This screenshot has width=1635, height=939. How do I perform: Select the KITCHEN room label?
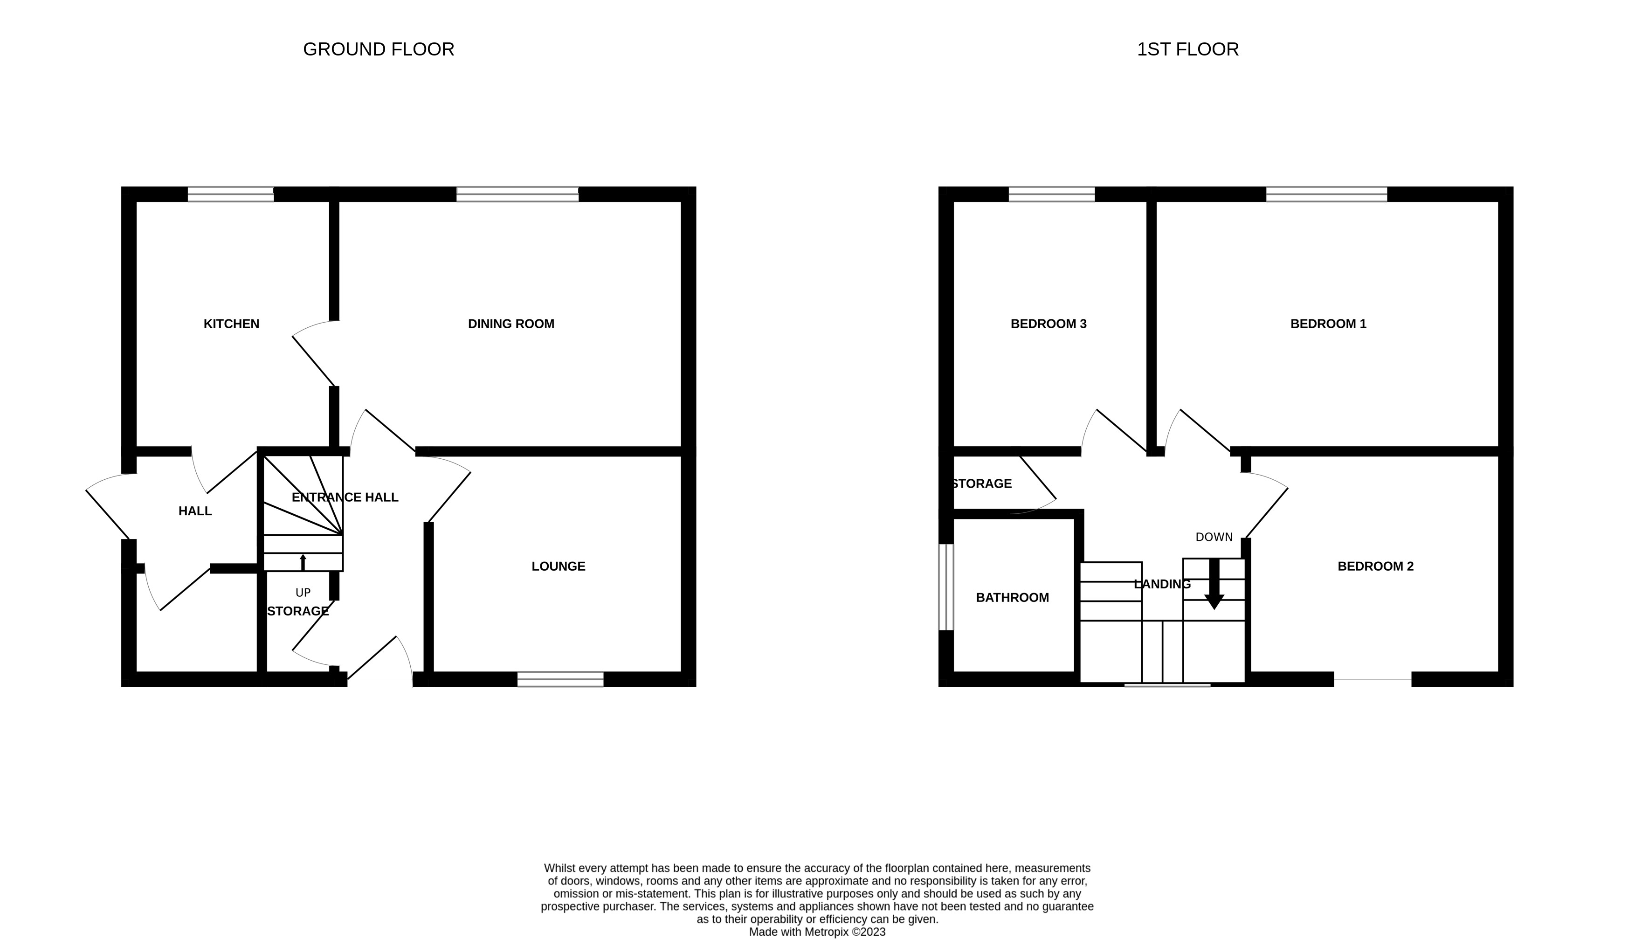click(x=231, y=324)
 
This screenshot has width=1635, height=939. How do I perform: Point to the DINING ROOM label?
click(x=511, y=324)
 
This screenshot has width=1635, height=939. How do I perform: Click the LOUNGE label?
click(x=559, y=566)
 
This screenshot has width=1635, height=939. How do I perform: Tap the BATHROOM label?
click(x=1012, y=598)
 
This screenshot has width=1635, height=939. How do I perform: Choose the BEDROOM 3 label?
click(x=1049, y=324)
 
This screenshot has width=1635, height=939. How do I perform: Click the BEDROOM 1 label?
click(x=1328, y=324)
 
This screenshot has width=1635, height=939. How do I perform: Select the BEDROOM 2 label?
click(x=1375, y=566)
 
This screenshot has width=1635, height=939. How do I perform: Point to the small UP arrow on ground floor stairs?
click(x=303, y=562)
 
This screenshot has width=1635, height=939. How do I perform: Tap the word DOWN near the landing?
click(x=1214, y=537)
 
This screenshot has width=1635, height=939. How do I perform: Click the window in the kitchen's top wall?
click(x=231, y=193)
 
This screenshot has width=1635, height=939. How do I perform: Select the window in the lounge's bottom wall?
click(x=560, y=679)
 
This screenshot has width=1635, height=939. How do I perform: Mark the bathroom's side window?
click(x=946, y=587)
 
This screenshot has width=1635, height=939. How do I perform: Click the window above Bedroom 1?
click(x=1326, y=193)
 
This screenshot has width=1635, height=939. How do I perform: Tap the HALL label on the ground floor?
click(x=195, y=511)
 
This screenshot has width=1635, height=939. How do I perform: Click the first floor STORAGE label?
click(x=981, y=483)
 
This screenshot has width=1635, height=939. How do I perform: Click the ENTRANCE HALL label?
click(x=345, y=497)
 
